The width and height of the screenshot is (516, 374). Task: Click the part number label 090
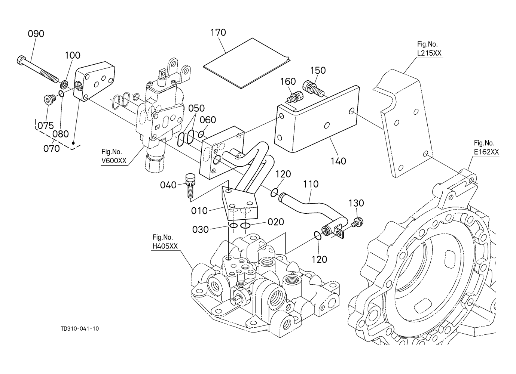36,34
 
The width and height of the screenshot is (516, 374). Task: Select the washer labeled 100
64,85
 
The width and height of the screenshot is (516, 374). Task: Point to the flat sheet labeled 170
247,63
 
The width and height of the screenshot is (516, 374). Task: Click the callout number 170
218,33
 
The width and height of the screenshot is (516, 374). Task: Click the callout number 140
338,161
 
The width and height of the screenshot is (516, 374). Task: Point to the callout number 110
311,184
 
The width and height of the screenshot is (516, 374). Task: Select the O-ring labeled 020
245,226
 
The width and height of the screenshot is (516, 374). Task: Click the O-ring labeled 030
233,226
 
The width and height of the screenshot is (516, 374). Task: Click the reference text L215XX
429,53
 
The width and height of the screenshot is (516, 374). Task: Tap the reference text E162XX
486,152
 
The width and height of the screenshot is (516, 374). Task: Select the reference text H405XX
165,246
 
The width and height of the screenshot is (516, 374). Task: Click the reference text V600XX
114,161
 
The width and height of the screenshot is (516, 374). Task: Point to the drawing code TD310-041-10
80,329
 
